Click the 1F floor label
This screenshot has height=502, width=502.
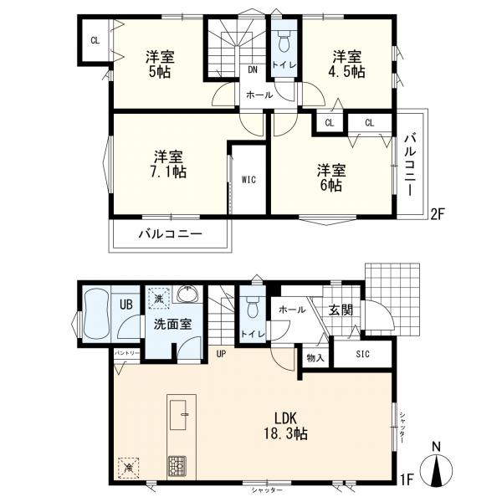[407, 479]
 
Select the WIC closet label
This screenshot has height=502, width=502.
[248, 179]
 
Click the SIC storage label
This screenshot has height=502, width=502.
[361, 354]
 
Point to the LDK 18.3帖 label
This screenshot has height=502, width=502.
[278, 425]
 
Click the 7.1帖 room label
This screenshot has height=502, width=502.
[169, 164]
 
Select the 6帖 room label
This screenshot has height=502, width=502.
[331, 178]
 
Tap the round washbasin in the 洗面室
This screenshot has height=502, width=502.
[187, 297]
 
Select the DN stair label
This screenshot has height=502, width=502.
[252, 69]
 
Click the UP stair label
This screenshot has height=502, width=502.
[221, 353]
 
